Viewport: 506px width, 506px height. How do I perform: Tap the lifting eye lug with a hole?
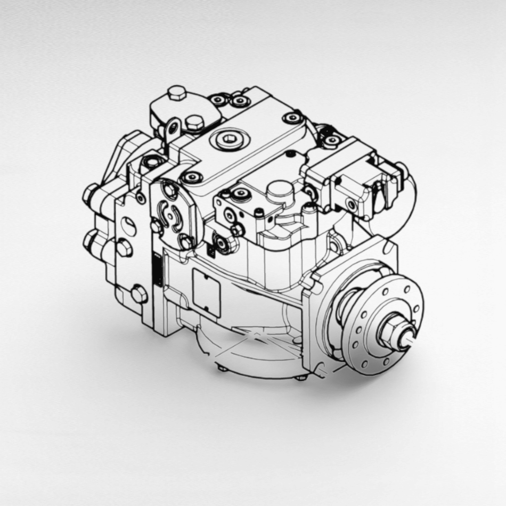pyautogui.click(x=172, y=128)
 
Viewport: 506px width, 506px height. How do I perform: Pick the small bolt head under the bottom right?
pyautogui.click(x=301, y=377)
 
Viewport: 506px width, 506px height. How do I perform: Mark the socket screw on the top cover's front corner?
pyautogui.click(x=191, y=176)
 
